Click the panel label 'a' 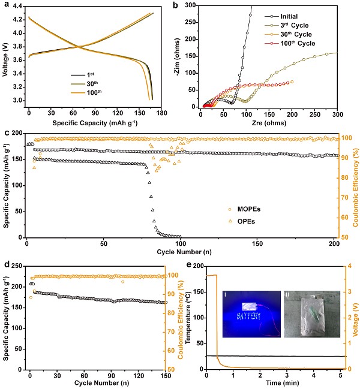4,5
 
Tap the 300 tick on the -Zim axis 193,5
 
